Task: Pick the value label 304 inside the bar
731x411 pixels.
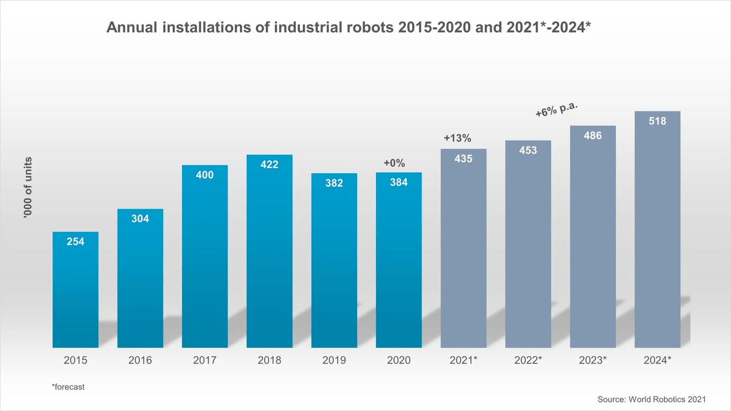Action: [140, 219]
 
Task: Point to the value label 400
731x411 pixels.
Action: [204, 175]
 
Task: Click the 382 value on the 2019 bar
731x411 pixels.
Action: [334, 183]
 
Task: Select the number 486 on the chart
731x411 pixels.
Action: [593, 136]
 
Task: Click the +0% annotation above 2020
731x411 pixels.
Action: [394, 164]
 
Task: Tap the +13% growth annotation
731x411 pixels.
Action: [457, 138]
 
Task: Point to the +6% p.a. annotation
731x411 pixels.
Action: [556, 108]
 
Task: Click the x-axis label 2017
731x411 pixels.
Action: [204, 361]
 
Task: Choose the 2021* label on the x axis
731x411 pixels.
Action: [463, 361]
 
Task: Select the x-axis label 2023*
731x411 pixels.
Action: [593, 361]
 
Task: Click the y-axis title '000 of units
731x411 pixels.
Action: [28, 187]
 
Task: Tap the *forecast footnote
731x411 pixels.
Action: [68, 387]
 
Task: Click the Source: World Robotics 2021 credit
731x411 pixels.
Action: [652, 400]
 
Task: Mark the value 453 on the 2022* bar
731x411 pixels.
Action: [528, 151]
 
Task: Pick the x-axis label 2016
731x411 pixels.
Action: [140, 361]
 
